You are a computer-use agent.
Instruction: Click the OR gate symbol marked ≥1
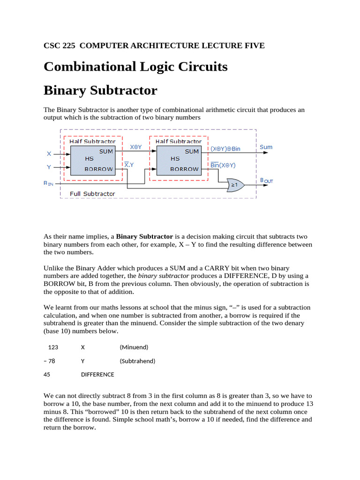click(234, 185)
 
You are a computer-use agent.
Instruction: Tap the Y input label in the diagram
click(49, 167)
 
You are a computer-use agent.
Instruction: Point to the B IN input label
click(49, 184)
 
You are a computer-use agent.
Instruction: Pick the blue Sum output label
click(266, 147)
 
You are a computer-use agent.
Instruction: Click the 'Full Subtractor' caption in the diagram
click(92, 194)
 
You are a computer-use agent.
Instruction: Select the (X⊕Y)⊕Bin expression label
click(225, 149)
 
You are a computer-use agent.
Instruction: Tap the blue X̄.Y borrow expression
click(128, 165)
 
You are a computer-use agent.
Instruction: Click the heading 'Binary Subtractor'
click(100, 90)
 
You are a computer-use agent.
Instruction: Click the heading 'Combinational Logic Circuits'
click(135, 67)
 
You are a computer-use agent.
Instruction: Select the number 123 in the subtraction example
click(53, 347)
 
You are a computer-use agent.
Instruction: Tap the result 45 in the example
click(47, 375)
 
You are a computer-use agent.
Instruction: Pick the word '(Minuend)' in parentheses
click(134, 347)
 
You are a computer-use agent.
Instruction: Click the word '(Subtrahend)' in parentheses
click(137, 361)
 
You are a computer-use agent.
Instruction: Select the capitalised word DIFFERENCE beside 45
click(97, 375)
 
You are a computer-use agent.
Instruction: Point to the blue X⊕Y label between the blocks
click(136, 147)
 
